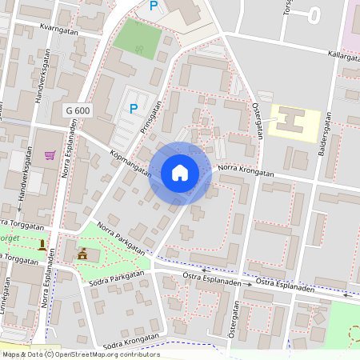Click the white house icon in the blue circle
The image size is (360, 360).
(x=180, y=172)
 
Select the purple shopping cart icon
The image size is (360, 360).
(x=50, y=154)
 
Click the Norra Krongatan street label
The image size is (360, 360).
(x=246, y=170)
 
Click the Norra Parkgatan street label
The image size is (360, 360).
(x=120, y=238)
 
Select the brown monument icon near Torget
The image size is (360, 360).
(x=42, y=243)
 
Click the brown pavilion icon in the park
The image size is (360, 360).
(x=82, y=254)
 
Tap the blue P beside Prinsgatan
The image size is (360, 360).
(x=134, y=109)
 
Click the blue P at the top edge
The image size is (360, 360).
(x=154, y=6)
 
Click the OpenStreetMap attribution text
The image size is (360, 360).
(x=80, y=354)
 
